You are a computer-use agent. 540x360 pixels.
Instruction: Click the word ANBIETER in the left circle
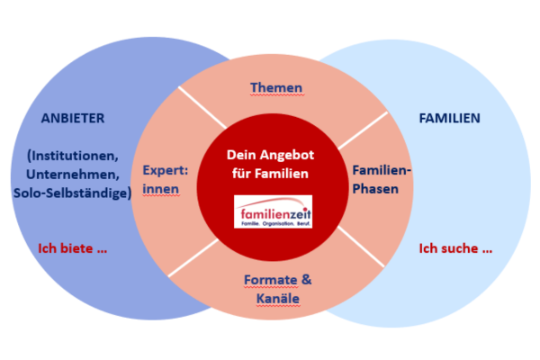73,117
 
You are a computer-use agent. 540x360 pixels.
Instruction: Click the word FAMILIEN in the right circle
450,117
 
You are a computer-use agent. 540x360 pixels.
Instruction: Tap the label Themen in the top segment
274,87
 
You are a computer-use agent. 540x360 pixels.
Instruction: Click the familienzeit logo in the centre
273,213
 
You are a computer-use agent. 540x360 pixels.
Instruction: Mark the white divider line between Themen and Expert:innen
202,107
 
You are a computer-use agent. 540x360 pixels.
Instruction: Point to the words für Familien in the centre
273,173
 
